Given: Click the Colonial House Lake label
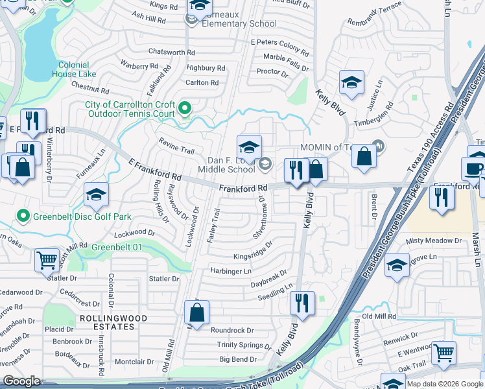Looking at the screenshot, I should point(78,69).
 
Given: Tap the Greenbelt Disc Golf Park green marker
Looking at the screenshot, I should point(23,216).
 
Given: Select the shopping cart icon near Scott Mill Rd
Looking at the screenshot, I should point(47,260).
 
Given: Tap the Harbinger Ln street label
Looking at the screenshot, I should point(230,271).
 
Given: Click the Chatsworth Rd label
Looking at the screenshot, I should point(172,52).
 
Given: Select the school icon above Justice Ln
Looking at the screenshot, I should point(351,82).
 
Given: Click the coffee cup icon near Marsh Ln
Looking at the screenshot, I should point(473,169).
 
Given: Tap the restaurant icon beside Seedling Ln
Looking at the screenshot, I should point(302,303).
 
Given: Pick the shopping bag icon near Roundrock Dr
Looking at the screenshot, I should point(196,313).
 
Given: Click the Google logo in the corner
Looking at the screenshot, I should point(21,381).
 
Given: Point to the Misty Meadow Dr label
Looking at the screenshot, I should point(434,241).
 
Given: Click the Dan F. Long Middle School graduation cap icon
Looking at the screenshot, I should point(249,147).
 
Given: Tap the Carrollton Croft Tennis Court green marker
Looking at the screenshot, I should point(185,108).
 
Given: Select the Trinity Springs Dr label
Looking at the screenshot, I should point(244,346).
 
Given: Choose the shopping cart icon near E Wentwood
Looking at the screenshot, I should point(444,352).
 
